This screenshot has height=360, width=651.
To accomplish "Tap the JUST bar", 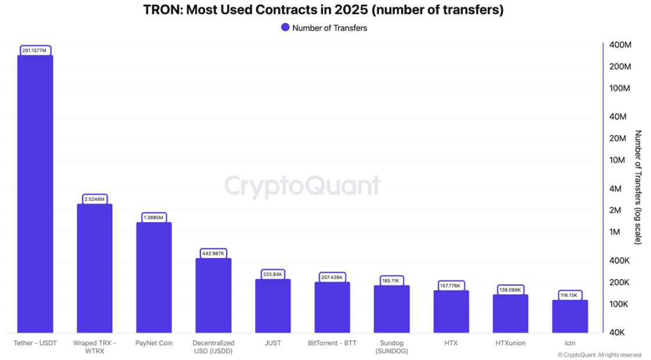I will pos(273,306).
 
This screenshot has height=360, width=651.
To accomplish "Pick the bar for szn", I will pos(570,316).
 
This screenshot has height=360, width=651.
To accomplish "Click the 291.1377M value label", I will pos(35,51).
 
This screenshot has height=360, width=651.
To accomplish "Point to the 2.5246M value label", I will pos(94,199).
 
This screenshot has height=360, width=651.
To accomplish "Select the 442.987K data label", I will pos(213,253).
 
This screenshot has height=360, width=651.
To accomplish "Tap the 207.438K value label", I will pos(332,277).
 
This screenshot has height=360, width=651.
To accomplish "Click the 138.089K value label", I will pos(510,290).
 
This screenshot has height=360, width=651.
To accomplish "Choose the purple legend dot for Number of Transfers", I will pos(285,27).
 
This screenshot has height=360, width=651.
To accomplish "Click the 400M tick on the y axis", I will pos(620,45).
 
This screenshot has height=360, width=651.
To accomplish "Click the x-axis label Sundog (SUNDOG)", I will pos(392,347).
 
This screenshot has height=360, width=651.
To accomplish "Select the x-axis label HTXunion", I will pos(510,343).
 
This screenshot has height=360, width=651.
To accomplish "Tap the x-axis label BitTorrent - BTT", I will pos(332,343).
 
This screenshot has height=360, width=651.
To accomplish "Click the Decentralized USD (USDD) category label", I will pos(213,347).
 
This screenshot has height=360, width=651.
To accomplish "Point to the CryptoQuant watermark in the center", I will pos(302,186).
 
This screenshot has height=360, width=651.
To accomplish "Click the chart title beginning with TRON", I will pos(323,10).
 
